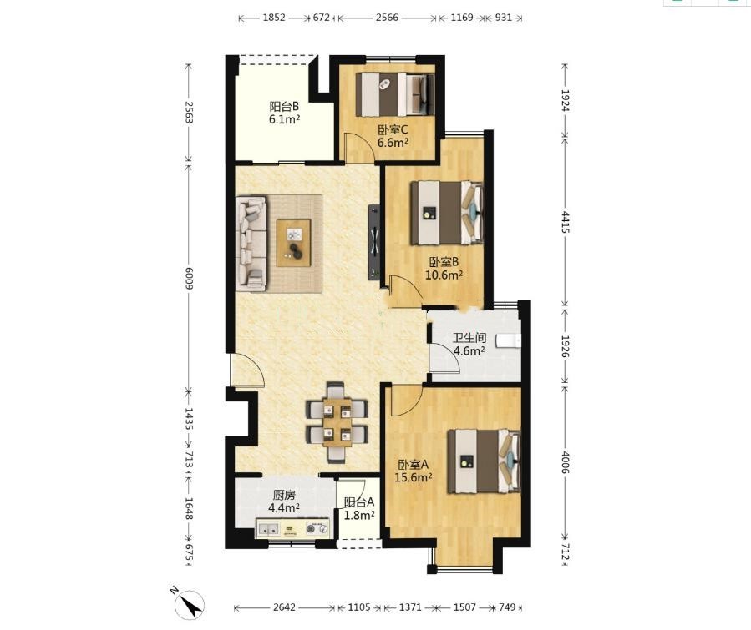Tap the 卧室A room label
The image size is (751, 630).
pos(414,464)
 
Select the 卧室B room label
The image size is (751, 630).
pos(444,262)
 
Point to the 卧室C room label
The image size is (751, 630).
pos(393,129)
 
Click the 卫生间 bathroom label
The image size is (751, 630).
pos(469,338)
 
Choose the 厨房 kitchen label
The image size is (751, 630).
pos(284,495)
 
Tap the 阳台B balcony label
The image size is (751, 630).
pos(284,106)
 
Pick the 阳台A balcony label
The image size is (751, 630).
pos(359,502)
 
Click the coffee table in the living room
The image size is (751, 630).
pos(293,243)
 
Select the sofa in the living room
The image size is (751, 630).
pos(251,243)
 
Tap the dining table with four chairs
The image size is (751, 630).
pos(337,421)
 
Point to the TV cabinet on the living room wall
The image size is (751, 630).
pos(374,242)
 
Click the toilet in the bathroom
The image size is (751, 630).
pos(509,340)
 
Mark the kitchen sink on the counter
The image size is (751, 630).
pos(268,528)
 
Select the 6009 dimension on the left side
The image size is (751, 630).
pos(188,278)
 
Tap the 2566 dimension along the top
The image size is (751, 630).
pos(387,18)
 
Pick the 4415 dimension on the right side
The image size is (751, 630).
pos(566,222)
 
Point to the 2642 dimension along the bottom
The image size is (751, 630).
pos(284,607)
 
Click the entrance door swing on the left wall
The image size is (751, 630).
pos(246,370)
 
